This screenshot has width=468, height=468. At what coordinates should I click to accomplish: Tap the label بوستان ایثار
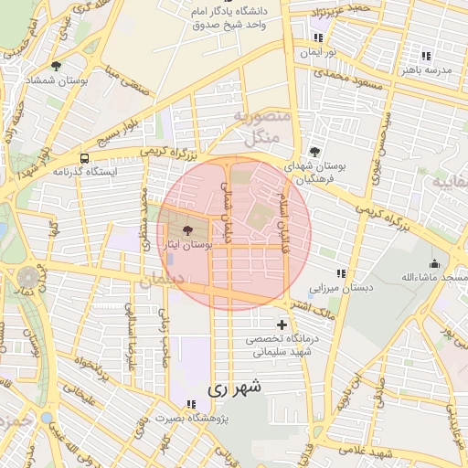(187, 246)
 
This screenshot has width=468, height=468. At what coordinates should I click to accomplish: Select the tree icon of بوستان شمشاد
(57, 66)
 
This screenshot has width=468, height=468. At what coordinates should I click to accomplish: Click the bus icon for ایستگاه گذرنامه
(85, 157)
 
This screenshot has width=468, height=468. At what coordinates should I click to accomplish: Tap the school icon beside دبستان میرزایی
(341, 273)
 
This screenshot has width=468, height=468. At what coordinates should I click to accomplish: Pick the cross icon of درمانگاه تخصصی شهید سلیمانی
(282, 324)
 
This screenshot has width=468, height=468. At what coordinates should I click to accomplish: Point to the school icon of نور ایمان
(317, 38)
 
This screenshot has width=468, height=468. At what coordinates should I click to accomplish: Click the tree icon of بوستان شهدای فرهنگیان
(315, 151)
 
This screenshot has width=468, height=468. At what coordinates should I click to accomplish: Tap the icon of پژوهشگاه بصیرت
(190, 404)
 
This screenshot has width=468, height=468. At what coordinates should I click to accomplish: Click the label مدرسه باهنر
(444, 69)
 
